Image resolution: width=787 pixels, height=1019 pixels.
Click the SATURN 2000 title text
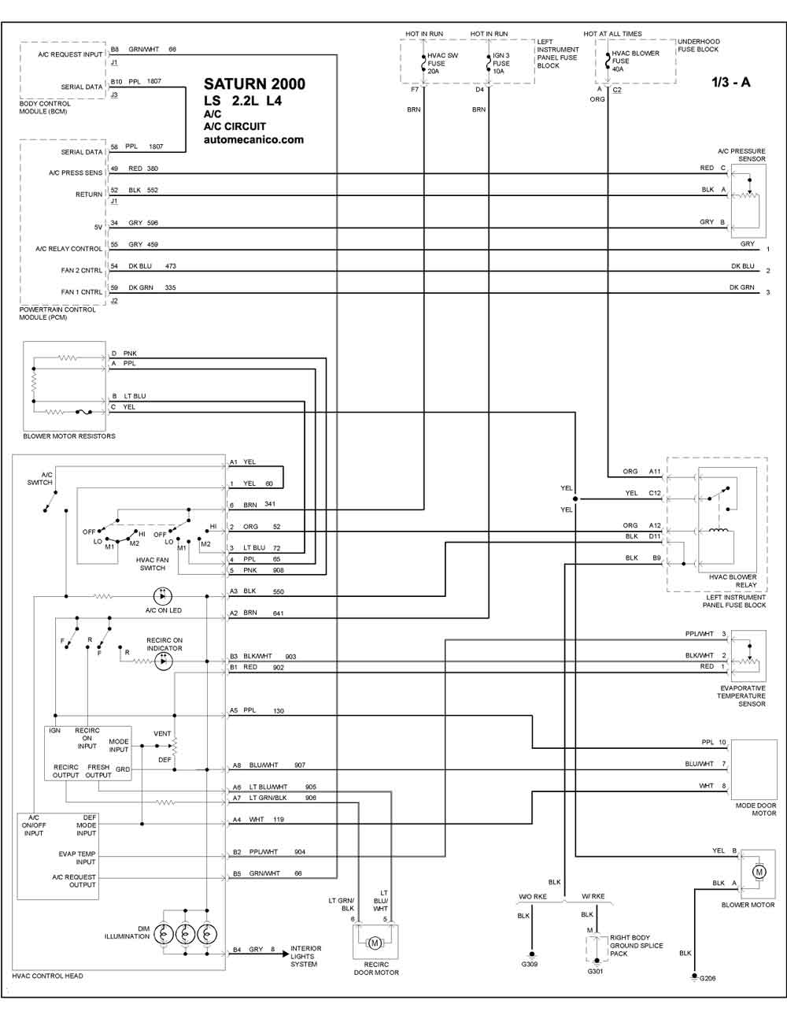254,84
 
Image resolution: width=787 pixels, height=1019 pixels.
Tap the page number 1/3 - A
731,83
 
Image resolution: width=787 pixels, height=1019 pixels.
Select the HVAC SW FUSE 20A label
442,63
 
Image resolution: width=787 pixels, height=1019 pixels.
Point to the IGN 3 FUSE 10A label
501,63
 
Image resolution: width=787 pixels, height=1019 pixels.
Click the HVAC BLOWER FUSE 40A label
635,61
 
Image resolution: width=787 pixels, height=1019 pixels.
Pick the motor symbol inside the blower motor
759,872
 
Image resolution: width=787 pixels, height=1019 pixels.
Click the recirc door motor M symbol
375,943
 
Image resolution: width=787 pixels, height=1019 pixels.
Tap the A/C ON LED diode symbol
163,596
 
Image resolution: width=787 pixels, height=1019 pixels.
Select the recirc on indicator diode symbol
163,661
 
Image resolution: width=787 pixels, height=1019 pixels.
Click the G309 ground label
530,964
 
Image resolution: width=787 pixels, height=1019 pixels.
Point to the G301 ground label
595,971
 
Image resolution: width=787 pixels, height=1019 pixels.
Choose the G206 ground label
708,978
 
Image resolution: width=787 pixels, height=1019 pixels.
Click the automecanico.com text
253,139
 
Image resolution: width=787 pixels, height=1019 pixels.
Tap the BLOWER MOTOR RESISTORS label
69,436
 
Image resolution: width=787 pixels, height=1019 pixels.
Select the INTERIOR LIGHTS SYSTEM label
306,956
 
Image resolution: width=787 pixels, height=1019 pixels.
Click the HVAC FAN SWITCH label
152,564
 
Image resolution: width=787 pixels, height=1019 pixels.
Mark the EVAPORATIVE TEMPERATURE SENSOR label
742,696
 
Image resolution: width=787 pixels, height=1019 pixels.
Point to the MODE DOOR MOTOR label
756,810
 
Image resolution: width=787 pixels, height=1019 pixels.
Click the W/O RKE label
533,897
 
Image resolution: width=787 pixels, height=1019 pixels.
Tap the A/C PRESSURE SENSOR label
741,155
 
